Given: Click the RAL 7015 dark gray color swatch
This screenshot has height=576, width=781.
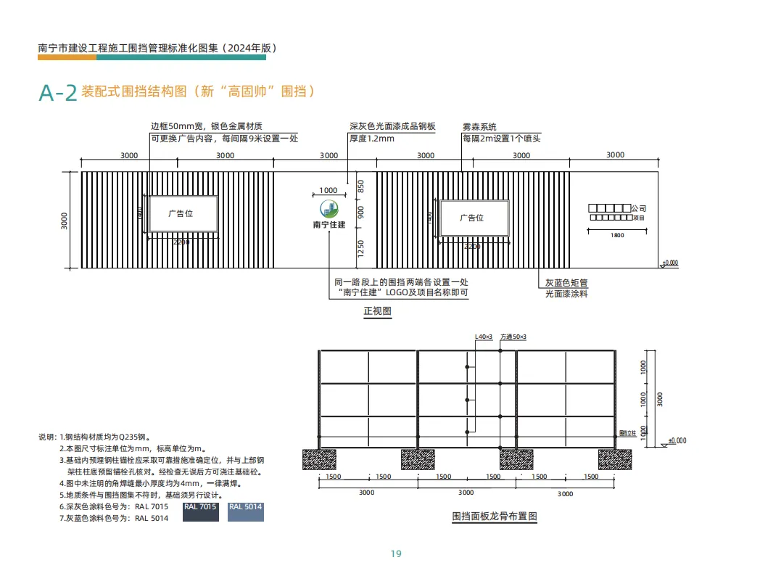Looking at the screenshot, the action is [x=200, y=511].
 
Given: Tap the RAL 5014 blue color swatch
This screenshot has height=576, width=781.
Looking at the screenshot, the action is [x=246, y=511].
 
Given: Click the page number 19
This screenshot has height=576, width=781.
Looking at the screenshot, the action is [x=396, y=554].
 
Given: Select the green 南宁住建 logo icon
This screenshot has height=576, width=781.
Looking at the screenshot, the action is [x=329, y=210].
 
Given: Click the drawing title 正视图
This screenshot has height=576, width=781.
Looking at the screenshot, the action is [x=377, y=311].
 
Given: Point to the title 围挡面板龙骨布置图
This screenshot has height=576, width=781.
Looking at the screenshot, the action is [x=495, y=517].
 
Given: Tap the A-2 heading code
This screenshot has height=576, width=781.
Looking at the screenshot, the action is [x=58, y=93].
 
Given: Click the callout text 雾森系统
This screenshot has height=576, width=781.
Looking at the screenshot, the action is [x=479, y=127].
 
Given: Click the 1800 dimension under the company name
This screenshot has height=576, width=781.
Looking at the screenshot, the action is [x=617, y=235].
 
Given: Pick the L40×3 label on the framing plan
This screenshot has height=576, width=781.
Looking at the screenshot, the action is [x=483, y=337].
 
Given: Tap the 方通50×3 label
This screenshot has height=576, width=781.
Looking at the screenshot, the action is [x=513, y=337].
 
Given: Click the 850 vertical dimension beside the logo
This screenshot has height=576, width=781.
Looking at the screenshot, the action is [x=361, y=186].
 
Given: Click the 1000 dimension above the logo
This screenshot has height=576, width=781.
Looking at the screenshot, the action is [x=328, y=191].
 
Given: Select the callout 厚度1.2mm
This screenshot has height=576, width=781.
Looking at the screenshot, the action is [x=372, y=138].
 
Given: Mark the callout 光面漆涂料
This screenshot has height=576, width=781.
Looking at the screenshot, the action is [x=566, y=294].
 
